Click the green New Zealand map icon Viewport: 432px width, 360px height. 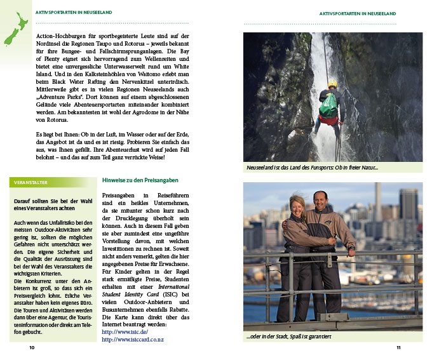[16, 29]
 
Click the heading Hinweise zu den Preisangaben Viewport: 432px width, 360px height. [140, 180]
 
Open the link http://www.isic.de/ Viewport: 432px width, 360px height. [125, 331]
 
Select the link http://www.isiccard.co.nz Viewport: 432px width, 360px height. [133, 340]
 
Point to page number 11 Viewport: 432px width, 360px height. [398, 348]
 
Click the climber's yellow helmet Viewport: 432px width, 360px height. [332, 84]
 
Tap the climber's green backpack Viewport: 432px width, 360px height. [328, 104]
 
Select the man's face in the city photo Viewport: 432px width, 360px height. [320, 200]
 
